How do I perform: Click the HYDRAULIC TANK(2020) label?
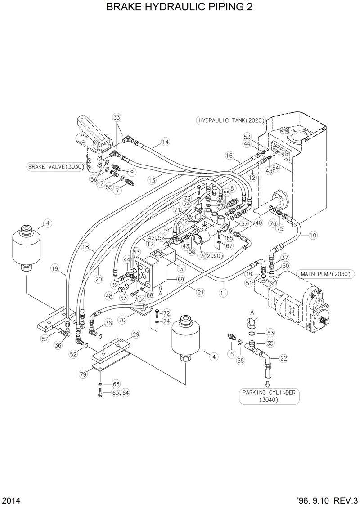point(231,120)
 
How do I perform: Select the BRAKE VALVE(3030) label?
point(55,167)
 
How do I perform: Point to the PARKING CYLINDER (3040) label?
point(269,396)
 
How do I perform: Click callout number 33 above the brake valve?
point(117,117)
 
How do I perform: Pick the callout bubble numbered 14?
point(166,142)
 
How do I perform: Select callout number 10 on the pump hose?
point(313,235)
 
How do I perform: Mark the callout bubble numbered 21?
point(201,293)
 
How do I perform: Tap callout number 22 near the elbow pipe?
point(284,358)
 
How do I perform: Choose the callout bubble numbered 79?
point(83,374)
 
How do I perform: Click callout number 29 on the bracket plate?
point(135,334)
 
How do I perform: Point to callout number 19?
point(55,269)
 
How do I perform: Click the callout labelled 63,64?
point(121,393)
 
